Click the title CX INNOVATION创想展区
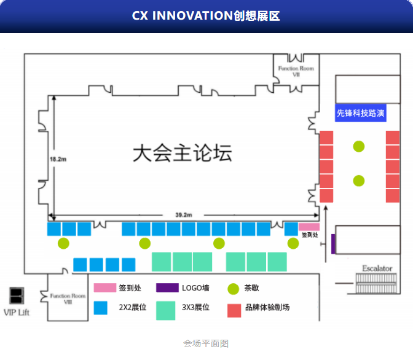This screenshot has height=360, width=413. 206,16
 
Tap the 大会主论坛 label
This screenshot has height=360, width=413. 183,152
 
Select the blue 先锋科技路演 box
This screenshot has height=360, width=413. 360,113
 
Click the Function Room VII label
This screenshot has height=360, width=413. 296,71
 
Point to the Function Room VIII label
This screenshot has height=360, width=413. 68,299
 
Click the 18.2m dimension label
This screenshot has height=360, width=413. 58,159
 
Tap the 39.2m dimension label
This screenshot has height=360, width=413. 184,215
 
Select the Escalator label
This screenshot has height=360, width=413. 377,268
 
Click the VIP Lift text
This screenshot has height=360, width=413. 17,313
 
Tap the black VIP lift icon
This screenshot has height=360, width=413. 17,295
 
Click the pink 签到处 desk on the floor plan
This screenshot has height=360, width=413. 309,227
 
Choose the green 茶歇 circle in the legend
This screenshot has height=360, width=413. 233,287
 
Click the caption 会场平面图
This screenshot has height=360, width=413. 206,343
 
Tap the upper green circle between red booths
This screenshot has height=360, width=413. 359,146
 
